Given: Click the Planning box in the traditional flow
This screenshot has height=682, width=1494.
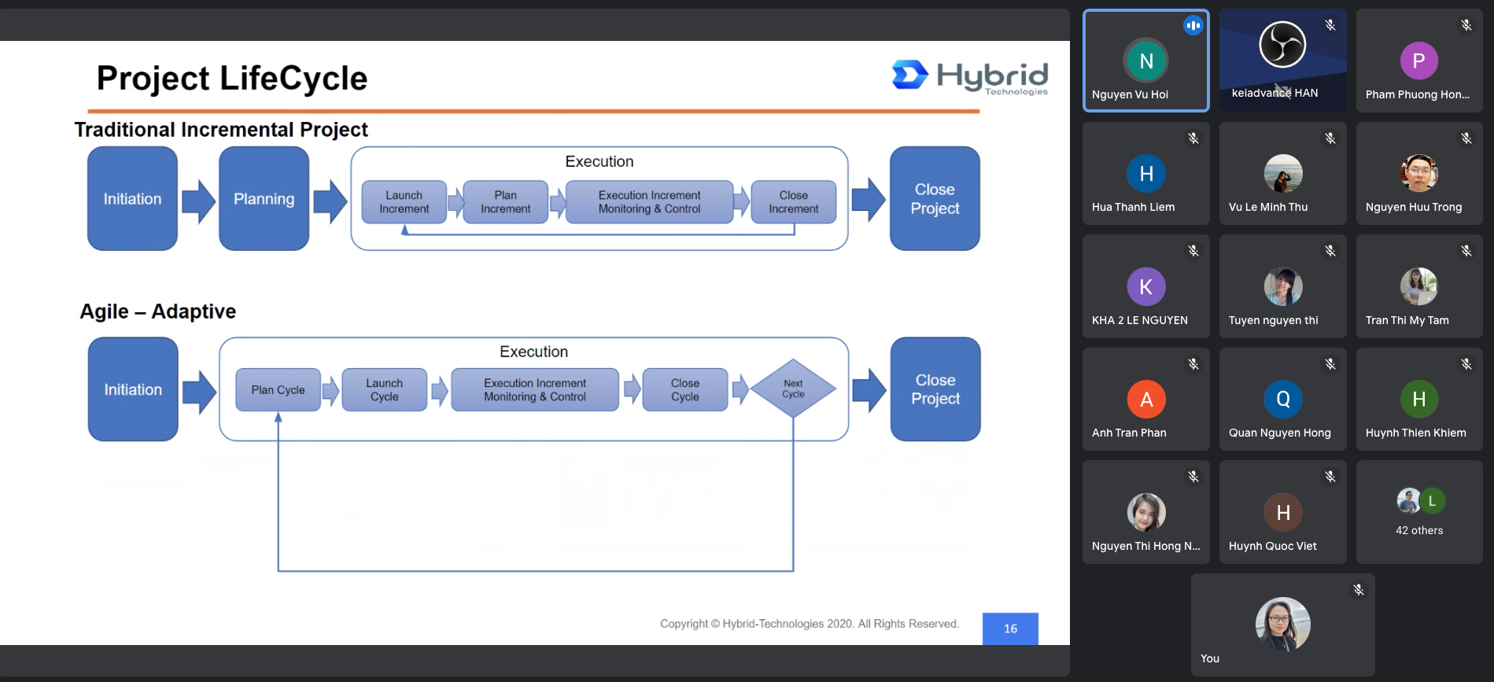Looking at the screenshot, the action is click(264, 198).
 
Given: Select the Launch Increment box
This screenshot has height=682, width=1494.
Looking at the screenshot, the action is click(404, 202).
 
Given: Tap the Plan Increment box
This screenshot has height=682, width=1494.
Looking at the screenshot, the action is click(505, 202).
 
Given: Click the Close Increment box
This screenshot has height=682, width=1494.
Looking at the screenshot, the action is click(793, 202).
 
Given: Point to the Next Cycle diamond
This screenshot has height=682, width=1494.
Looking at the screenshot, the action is click(793, 389).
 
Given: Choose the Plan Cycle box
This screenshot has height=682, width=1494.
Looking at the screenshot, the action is click(278, 389).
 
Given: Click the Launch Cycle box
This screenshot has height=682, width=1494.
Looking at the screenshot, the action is click(384, 389).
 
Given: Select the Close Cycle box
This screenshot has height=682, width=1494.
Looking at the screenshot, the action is click(684, 389).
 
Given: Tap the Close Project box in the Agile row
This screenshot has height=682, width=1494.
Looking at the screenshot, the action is click(935, 389).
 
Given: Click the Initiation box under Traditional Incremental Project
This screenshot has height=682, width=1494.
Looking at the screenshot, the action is click(132, 198).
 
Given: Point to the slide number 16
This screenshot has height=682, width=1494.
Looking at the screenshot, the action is click(1010, 629).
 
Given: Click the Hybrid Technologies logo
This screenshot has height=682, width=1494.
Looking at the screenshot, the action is click(970, 77).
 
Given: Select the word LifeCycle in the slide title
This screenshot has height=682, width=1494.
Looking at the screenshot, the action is click(293, 78).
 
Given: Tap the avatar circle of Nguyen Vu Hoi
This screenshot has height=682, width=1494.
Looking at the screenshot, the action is click(1146, 61).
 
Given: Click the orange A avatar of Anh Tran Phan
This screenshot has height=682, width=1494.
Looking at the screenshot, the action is click(1146, 400).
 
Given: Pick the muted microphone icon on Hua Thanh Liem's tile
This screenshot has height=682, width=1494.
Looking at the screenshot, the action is click(1193, 138).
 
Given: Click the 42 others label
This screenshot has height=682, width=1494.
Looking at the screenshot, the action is click(1419, 530).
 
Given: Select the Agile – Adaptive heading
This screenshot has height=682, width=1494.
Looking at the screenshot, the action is click(157, 312).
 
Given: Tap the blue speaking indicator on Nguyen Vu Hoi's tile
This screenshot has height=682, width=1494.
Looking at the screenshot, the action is click(1193, 25).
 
